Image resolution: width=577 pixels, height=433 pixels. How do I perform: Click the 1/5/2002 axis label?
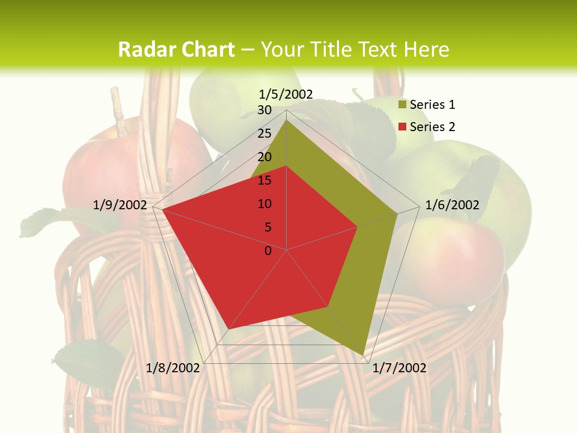(x=286, y=94)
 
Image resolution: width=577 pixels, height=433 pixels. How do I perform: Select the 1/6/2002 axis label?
(x=452, y=205)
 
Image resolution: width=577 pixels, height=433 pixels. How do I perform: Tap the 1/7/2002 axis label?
(x=400, y=367)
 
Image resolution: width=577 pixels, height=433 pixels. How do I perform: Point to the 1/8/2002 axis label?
(x=173, y=367)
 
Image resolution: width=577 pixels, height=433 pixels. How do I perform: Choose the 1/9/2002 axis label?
(x=120, y=205)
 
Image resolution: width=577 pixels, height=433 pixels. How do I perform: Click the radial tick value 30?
(x=264, y=110)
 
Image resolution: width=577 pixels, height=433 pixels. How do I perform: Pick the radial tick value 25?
(x=264, y=134)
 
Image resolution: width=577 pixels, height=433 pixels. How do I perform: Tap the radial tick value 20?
(x=264, y=157)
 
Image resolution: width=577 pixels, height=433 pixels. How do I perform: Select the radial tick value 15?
(x=264, y=180)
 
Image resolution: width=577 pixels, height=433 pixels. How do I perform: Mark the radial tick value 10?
(x=264, y=204)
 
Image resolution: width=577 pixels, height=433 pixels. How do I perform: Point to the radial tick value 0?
(x=268, y=251)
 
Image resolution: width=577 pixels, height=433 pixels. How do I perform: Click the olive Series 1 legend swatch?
(x=402, y=105)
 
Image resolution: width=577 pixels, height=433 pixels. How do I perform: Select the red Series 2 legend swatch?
(x=402, y=127)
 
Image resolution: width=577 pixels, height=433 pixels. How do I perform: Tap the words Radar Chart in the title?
(x=176, y=49)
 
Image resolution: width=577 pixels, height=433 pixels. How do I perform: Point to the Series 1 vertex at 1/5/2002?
(x=287, y=120)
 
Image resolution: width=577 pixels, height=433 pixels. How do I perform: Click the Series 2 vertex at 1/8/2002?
(x=229, y=329)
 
